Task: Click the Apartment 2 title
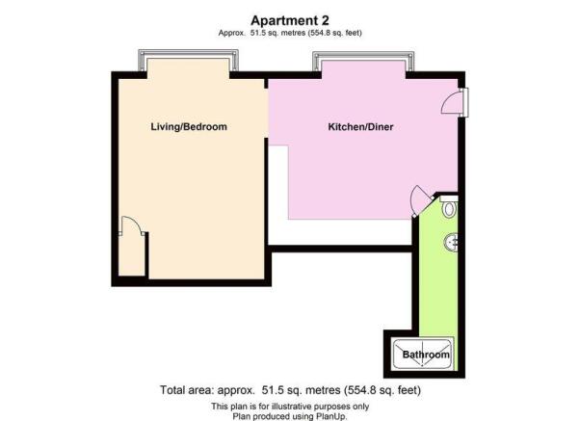click(290, 20)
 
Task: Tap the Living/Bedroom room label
click(189, 126)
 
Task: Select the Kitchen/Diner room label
click(360, 127)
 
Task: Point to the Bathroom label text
click(426, 355)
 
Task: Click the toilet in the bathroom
click(450, 207)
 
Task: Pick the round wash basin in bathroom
click(451, 243)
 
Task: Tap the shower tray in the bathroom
click(422, 354)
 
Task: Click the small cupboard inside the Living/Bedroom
click(132, 254)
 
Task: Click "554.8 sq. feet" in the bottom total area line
click(382, 390)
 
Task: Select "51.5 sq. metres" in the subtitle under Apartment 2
click(277, 33)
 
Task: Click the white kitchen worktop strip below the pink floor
click(340, 231)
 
